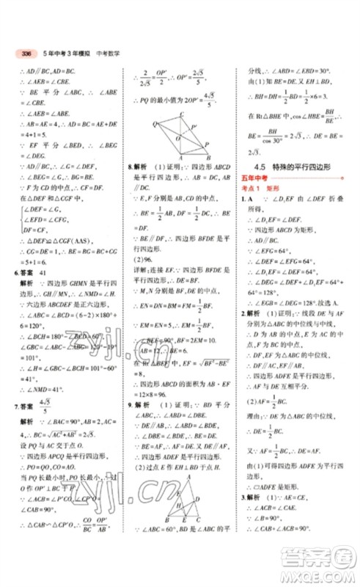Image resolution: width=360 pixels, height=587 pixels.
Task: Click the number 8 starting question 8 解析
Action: pos(130,167)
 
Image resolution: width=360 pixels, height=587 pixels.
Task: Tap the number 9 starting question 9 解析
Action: pos(130,404)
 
